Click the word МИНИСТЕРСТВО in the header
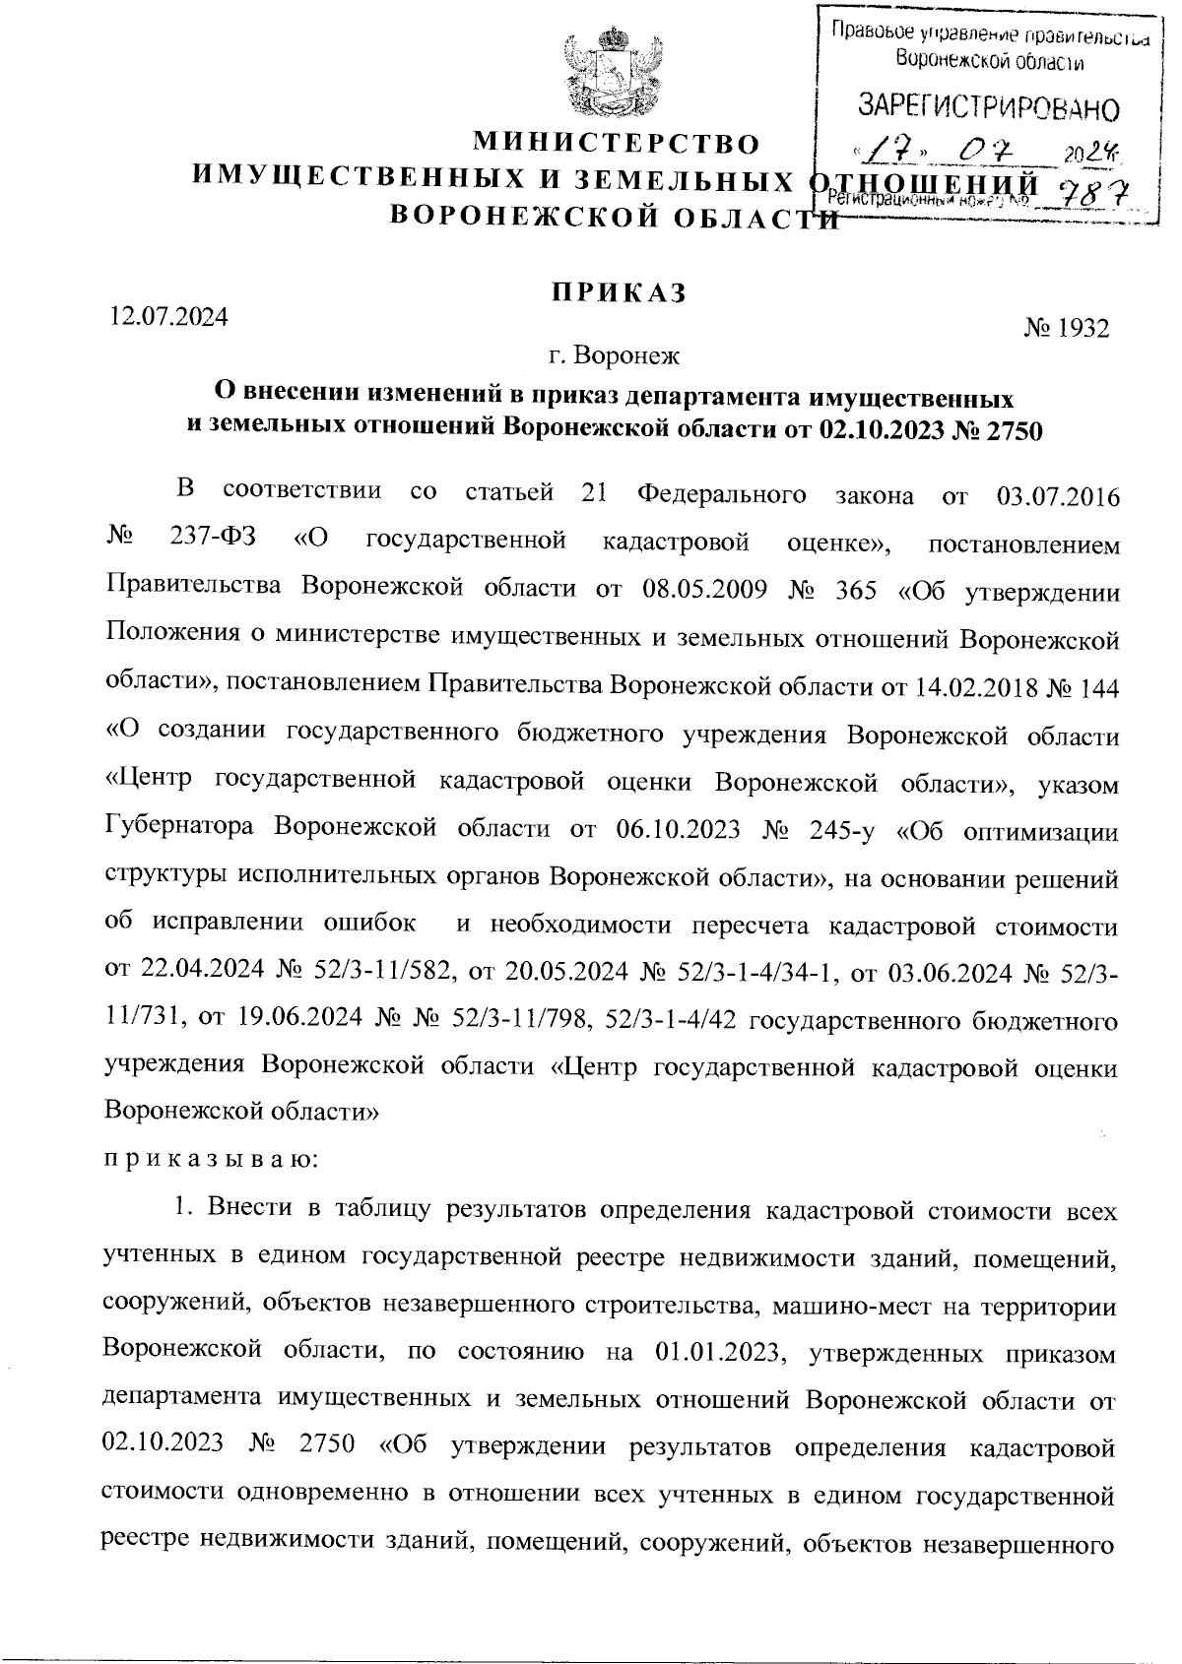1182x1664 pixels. point(618,145)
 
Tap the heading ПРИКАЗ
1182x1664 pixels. point(618,292)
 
